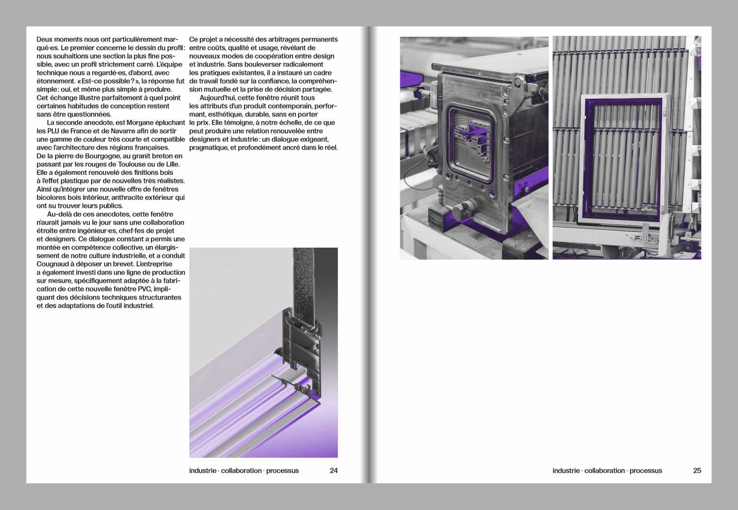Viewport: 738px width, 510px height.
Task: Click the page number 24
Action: click(334, 471)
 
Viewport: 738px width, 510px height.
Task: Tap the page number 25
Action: click(697, 471)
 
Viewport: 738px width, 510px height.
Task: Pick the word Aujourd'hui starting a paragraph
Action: click(218, 97)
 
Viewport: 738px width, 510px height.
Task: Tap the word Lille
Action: click(172, 164)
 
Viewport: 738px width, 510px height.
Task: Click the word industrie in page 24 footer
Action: click(203, 471)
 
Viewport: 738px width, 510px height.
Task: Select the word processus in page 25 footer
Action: click(646, 471)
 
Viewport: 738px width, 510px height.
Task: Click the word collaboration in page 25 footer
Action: click(605, 471)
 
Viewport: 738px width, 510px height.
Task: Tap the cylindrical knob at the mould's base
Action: click(463, 210)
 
